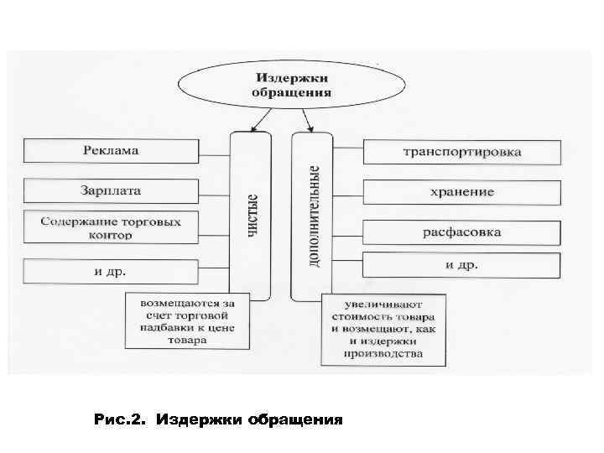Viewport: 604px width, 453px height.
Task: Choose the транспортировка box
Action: [x=461, y=152]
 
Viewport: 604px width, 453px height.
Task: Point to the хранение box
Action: [x=461, y=191]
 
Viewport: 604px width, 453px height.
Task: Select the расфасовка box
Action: [x=461, y=232]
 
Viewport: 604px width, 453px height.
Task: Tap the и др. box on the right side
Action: [x=461, y=264]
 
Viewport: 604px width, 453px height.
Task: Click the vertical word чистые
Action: [x=253, y=216]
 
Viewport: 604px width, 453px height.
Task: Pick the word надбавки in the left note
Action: [x=154, y=329]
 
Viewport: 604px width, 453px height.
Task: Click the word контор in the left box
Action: [x=110, y=237]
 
